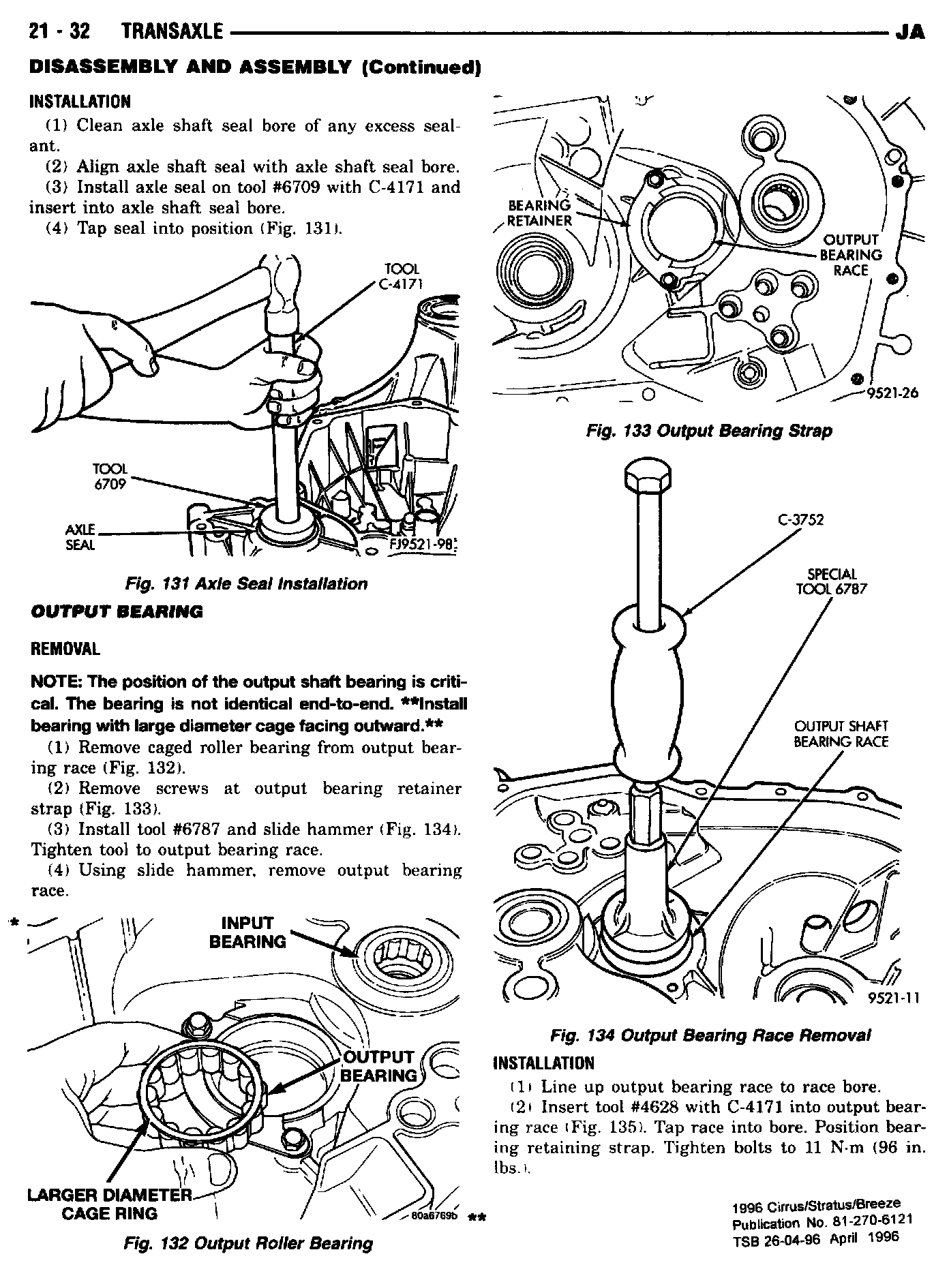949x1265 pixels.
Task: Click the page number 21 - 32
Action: [x=61, y=31]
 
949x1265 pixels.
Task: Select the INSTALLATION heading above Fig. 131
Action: [x=80, y=102]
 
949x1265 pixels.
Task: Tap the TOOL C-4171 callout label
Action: [x=401, y=276]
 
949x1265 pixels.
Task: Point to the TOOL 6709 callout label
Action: [x=110, y=476]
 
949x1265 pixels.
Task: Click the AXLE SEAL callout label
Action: [x=80, y=537]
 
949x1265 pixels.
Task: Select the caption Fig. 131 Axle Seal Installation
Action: [x=246, y=583]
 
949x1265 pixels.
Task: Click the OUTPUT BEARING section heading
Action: [x=117, y=611]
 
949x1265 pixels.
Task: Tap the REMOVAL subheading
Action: [x=65, y=648]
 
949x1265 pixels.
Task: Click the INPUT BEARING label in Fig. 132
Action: [x=247, y=932]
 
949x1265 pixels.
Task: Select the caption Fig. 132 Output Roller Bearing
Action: [x=248, y=1243]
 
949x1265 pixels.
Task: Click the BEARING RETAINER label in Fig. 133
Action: [x=539, y=213]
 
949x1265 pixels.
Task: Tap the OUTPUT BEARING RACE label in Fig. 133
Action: [x=850, y=255]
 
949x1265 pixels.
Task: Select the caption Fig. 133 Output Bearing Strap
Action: [x=708, y=431]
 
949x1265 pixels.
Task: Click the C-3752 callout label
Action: [x=800, y=520]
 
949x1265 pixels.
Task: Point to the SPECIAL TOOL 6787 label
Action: [x=831, y=581]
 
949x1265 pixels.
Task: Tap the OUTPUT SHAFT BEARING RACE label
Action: [x=841, y=733]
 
